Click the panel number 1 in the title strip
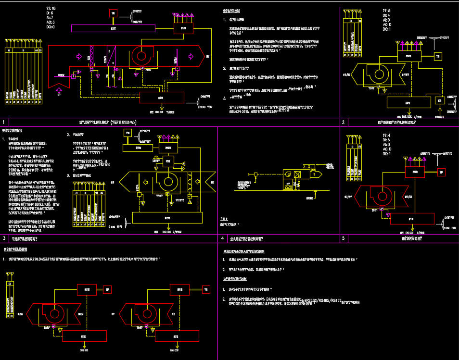pos(4,123)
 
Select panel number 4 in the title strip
pos(222,238)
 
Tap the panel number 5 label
pos(343,238)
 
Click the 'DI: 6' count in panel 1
pos(50,13)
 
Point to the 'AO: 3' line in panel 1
pos(51,22)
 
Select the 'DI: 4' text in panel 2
pos(386,15)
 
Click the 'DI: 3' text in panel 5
pos(386,140)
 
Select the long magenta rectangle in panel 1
pos(113,28)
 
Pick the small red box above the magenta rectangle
pos(113,13)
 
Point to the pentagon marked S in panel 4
pos(316,175)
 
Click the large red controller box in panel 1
pos(162,98)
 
